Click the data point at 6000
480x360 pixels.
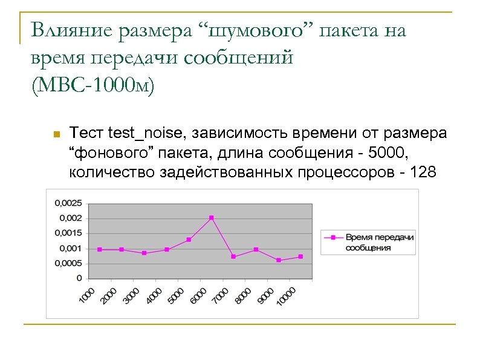[x=212, y=218]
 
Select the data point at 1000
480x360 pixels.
[x=100, y=249]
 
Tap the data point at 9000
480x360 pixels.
[x=279, y=260]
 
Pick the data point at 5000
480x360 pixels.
[x=189, y=240]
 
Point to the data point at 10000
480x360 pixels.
[x=300, y=257]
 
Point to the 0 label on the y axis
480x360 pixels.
[x=79, y=279]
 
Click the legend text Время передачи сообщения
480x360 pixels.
[x=379, y=242]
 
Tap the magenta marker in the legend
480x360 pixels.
[x=332, y=238]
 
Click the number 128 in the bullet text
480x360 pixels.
[x=422, y=172]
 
